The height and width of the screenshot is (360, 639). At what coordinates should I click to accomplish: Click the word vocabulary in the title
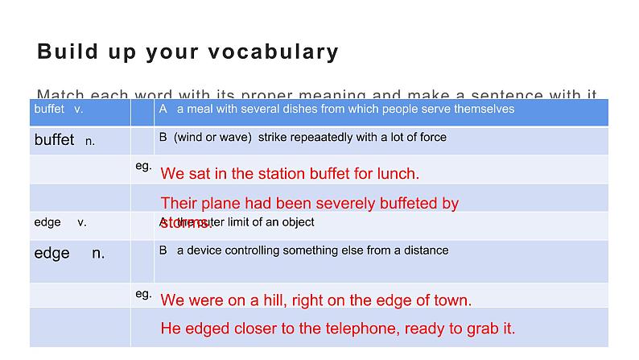283,52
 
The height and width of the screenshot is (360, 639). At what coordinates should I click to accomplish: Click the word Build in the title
68,52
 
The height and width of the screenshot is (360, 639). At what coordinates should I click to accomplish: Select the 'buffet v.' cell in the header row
59,109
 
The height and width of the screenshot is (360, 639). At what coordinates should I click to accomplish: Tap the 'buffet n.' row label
64,140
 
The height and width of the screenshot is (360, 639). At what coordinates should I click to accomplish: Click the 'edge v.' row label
60,221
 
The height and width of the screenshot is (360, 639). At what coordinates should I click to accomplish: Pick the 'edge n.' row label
69,253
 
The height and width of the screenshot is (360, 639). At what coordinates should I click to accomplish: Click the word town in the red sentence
453,300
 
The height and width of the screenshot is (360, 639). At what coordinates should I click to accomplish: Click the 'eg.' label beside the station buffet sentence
143,166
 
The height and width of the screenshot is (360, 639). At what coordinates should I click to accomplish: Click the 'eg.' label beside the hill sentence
143,295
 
